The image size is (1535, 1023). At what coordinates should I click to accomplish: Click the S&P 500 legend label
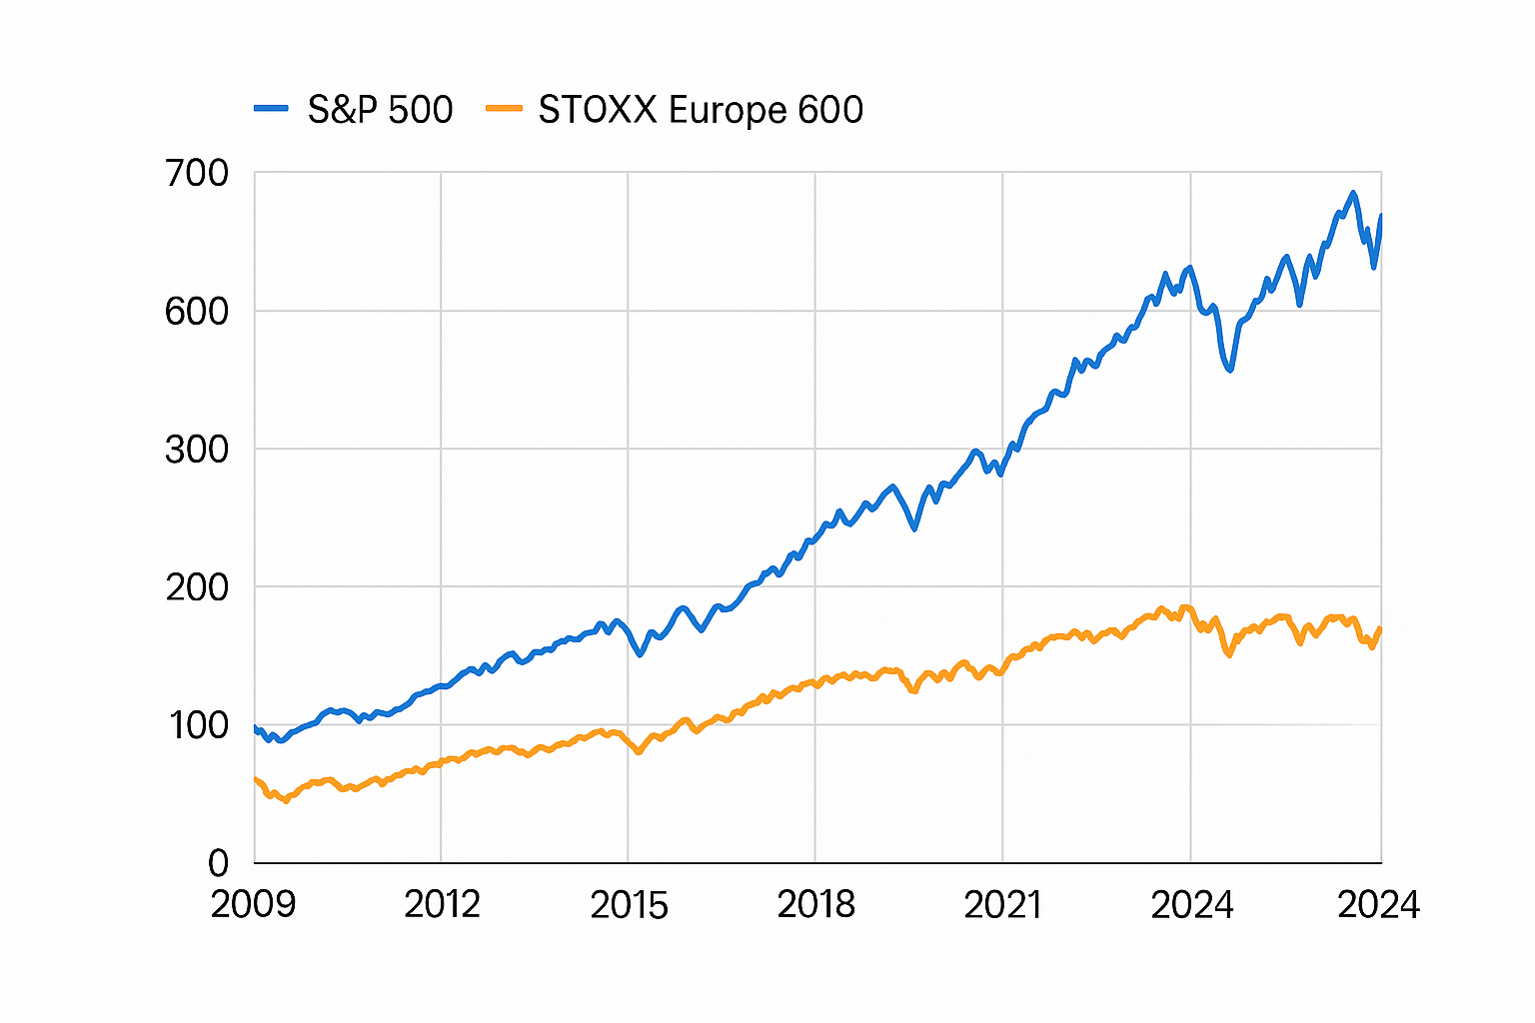coord(380,109)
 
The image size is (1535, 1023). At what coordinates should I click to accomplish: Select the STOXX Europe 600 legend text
coord(700,109)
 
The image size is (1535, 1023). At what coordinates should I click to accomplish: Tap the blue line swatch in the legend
coord(271,108)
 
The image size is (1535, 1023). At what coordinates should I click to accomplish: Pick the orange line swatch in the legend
coord(504,108)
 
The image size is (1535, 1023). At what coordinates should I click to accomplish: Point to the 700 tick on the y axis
coord(197,174)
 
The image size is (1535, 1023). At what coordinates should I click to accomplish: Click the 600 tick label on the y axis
coord(197,312)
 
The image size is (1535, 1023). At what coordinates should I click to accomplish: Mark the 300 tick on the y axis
coord(197,450)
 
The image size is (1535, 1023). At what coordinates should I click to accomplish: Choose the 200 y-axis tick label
coord(197,587)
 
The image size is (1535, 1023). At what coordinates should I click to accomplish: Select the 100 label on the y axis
coord(199,725)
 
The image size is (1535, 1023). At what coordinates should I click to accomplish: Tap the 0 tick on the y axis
coord(218,863)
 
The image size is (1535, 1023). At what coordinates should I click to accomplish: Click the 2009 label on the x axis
coord(253,905)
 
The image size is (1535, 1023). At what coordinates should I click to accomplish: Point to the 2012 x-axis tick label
coord(442,905)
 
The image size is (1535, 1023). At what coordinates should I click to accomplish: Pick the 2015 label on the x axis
coord(629,905)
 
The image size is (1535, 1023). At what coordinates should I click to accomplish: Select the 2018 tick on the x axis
coord(815,905)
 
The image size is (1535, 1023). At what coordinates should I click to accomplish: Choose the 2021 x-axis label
coord(1002,905)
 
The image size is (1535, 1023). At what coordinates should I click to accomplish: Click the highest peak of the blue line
coord(1353,193)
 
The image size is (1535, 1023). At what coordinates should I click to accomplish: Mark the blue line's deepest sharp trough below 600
coord(1229,370)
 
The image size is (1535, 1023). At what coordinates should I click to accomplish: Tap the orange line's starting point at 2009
coord(256,779)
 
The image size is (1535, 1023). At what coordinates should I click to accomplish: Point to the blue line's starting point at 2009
coord(256,728)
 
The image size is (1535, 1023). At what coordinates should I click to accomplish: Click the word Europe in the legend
coord(714,109)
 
